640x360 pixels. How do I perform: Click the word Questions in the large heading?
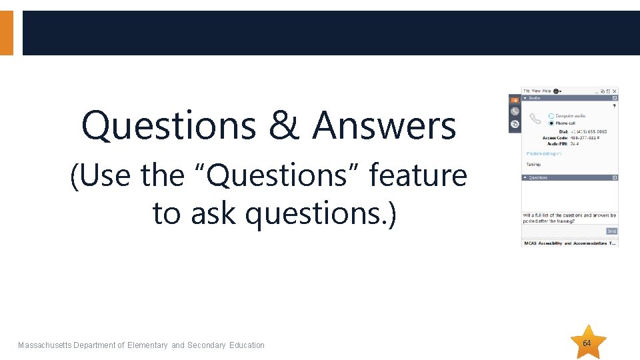[170, 126]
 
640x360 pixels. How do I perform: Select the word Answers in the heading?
[384, 126]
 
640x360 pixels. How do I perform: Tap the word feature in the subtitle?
[418, 175]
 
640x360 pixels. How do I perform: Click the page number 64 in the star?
[587, 343]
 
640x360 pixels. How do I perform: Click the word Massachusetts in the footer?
[45, 345]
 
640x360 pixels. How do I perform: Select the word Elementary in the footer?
[147, 345]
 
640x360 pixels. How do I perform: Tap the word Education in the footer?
[247, 345]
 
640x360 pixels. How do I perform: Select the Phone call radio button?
[551, 123]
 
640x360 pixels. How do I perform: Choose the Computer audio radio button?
[551, 116]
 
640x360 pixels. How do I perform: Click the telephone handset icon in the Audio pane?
[535, 119]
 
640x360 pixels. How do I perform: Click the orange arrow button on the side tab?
[515, 101]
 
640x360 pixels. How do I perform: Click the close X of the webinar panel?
[615, 91]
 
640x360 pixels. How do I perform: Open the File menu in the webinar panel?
[526, 91]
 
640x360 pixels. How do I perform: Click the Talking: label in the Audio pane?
[533, 164]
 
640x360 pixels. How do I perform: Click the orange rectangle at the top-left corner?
[6, 32]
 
